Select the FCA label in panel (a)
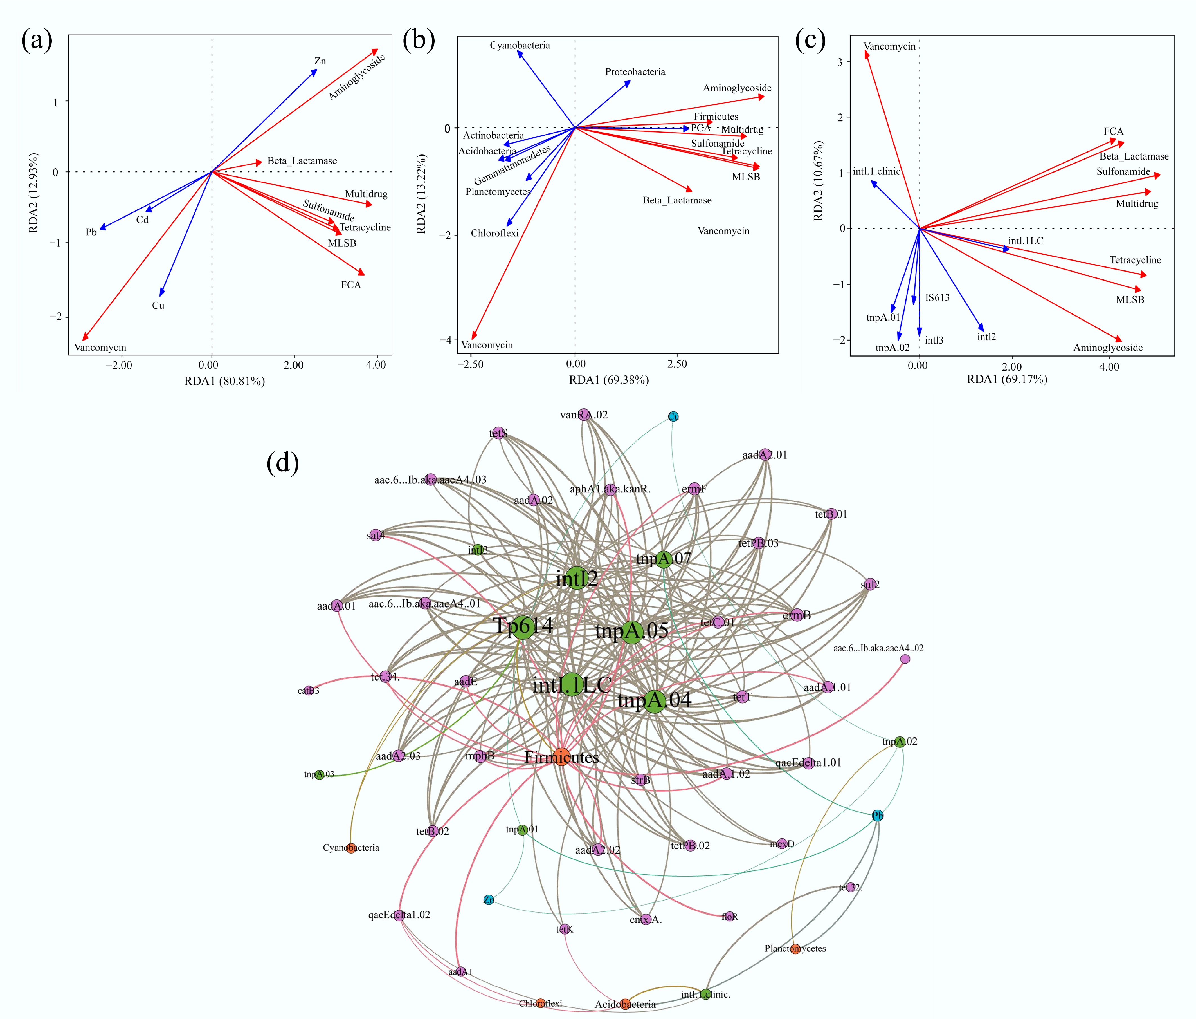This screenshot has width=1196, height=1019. (x=350, y=285)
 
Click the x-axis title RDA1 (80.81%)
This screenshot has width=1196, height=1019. (x=224, y=381)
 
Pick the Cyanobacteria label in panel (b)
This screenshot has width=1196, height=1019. (x=520, y=45)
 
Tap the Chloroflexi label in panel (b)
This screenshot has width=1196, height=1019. (x=495, y=233)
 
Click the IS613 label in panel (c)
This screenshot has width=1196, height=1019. (x=937, y=297)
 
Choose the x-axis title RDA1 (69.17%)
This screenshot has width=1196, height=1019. (x=1007, y=379)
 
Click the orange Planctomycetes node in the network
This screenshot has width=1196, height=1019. (x=795, y=949)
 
